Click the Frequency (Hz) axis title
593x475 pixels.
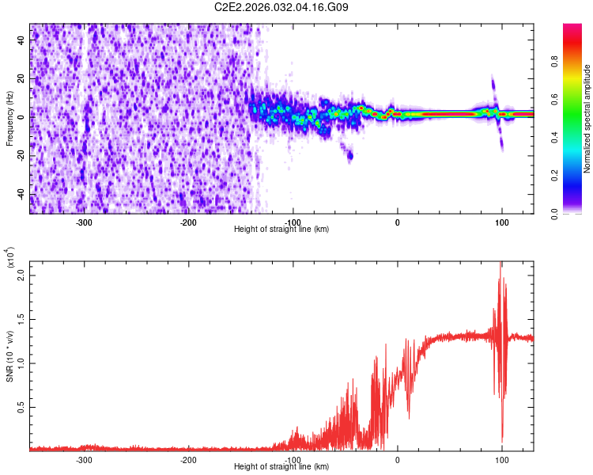(9, 119)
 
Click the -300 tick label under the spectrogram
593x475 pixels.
(84, 222)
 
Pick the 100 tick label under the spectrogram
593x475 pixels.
(501, 222)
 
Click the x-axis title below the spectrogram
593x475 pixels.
(282, 230)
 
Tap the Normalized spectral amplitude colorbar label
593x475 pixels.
(587, 119)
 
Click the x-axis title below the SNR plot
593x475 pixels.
(282, 467)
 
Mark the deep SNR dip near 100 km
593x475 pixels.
(502, 439)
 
